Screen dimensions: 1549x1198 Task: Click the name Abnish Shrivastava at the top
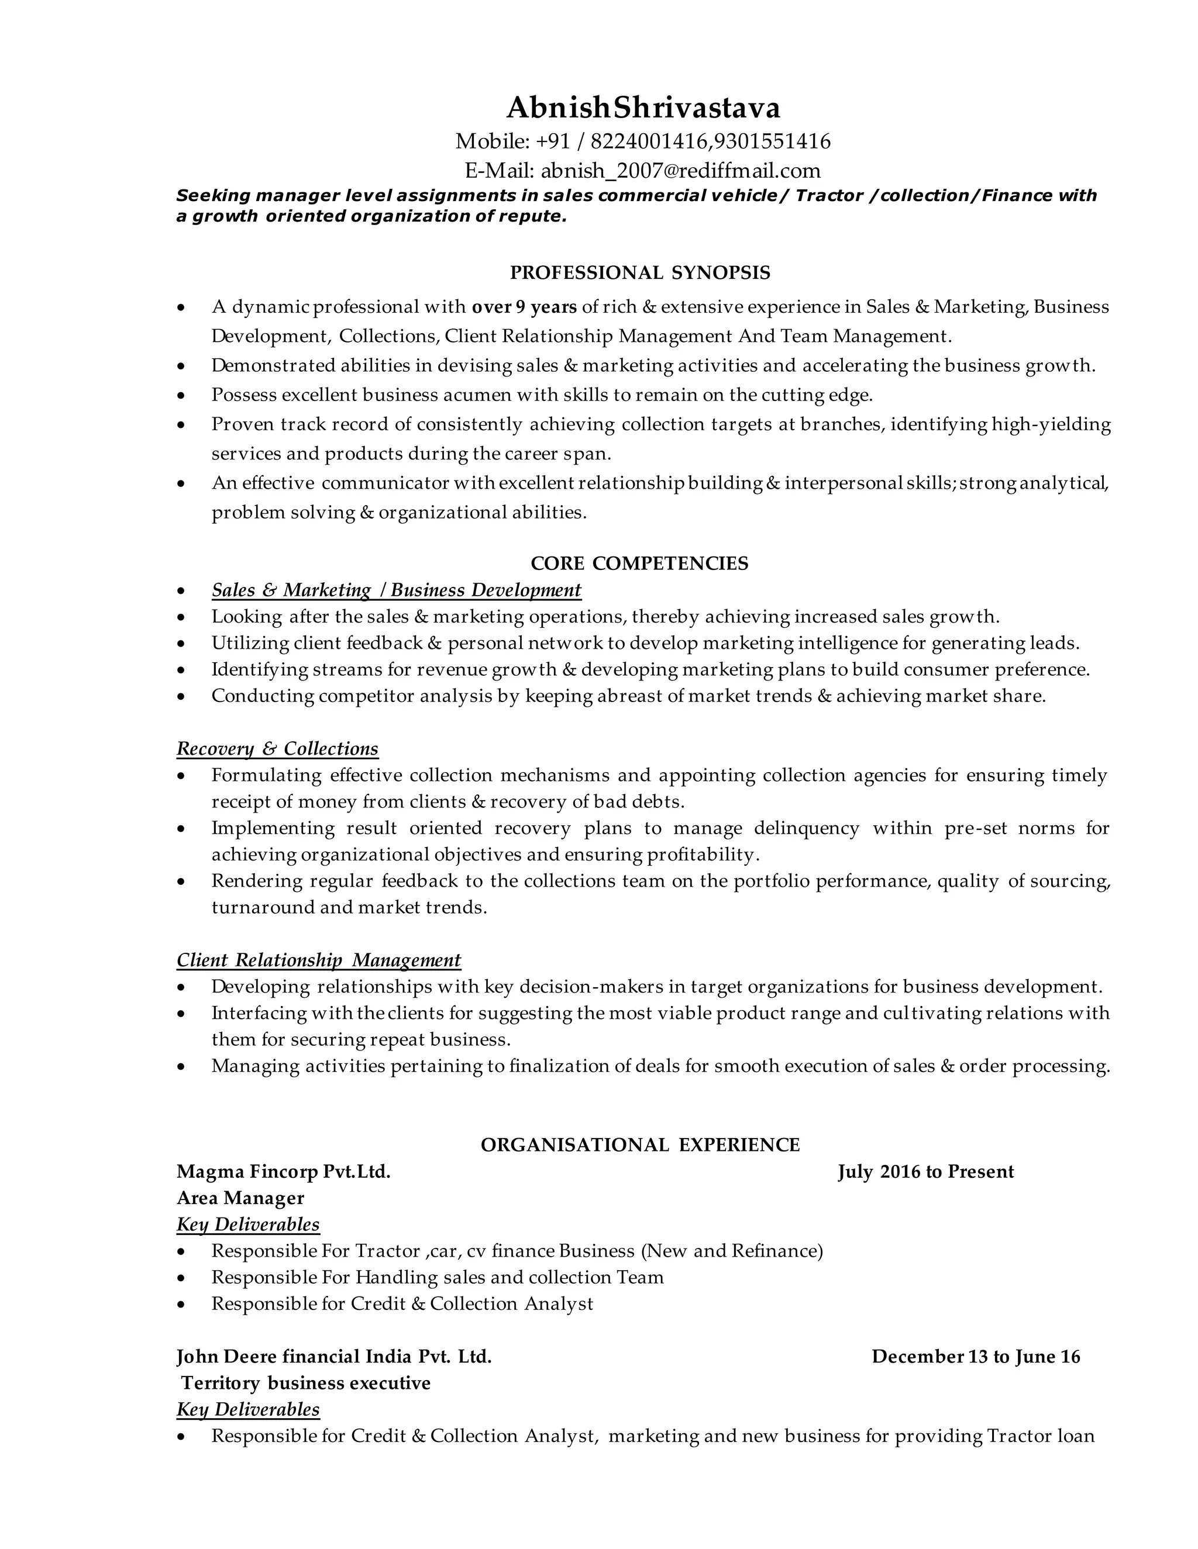click(643, 108)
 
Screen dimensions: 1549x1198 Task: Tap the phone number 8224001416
click(649, 142)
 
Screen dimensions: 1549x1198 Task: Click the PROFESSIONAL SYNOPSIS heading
click(640, 273)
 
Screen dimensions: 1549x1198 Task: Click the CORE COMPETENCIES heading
click(639, 564)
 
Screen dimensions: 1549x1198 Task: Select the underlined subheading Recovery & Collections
click(277, 749)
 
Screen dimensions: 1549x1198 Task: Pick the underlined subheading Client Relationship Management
click(319, 960)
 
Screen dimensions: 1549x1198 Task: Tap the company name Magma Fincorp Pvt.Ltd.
click(284, 1171)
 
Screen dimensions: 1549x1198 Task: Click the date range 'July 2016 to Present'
click(925, 1171)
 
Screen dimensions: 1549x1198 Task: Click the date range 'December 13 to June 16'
click(976, 1357)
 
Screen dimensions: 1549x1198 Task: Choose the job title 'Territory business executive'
click(306, 1383)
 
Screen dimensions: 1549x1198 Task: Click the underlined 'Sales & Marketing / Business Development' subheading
click(396, 590)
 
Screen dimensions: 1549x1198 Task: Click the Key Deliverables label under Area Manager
click(249, 1225)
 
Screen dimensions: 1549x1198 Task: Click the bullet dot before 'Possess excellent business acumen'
click(183, 395)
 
